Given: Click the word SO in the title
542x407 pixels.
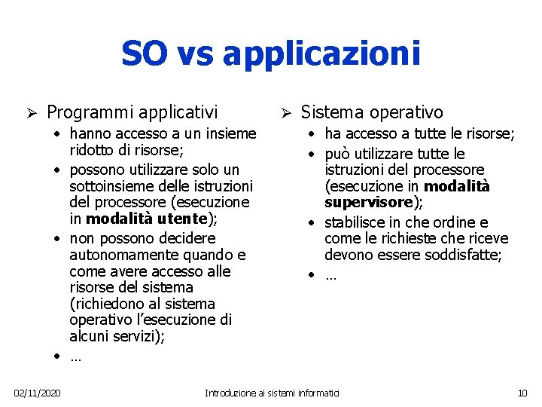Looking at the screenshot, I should (145, 54).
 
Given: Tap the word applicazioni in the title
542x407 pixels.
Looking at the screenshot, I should (321, 55).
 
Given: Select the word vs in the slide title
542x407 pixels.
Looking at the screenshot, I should (198, 55).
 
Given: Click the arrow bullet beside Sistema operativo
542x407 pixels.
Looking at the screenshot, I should (286, 113).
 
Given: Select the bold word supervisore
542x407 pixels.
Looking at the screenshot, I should (369, 203).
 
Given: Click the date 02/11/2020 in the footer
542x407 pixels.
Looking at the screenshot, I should (38, 393).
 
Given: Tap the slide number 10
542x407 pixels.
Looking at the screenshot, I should (523, 393).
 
